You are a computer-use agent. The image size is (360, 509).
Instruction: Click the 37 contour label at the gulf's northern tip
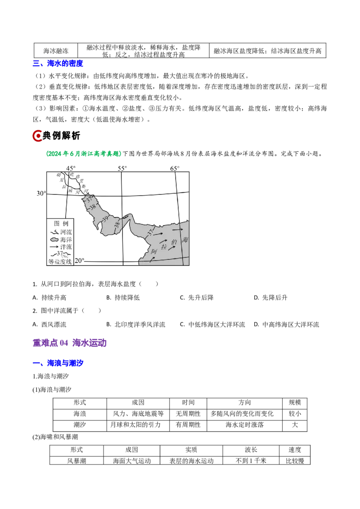click(x=90, y=199)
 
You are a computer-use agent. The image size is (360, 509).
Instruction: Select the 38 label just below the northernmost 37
click(x=93, y=207)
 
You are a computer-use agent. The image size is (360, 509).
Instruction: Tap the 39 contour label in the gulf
click(x=105, y=219)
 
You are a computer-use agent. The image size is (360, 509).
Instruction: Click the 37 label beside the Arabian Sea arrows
click(x=150, y=232)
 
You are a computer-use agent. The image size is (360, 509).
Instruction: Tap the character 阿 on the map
click(x=154, y=252)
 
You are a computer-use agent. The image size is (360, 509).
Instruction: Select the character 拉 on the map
click(x=164, y=246)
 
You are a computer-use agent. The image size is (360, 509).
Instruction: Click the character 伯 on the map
click(x=175, y=242)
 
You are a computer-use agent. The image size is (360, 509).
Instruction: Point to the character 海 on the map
click(x=185, y=240)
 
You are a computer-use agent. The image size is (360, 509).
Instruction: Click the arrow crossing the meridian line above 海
click(x=178, y=230)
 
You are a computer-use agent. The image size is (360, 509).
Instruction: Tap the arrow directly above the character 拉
click(x=163, y=241)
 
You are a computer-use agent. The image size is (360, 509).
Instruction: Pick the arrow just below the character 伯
click(x=171, y=248)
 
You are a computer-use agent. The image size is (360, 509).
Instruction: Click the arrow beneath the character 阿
click(x=152, y=259)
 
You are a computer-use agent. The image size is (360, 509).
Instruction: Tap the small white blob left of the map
click(x=54, y=240)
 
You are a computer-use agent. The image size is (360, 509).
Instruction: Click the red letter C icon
click(x=37, y=136)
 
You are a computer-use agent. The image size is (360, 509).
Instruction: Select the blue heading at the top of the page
click(x=58, y=64)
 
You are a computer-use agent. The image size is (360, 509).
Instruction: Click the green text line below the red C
click(x=83, y=154)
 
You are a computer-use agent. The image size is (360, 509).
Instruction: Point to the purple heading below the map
click(x=70, y=344)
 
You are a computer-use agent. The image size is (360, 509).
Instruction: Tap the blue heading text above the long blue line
click(x=65, y=362)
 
